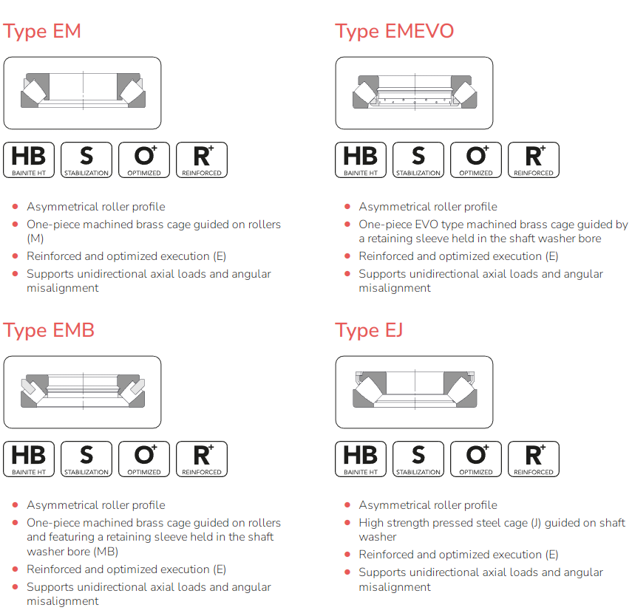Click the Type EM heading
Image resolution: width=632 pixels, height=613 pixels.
coord(42,31)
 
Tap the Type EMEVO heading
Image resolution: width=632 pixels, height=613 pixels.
coord(394,31)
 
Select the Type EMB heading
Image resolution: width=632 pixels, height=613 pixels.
coord(48,330)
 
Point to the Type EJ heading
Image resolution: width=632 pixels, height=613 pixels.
coord(368,330)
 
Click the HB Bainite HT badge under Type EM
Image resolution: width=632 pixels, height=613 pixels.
coord(29,160)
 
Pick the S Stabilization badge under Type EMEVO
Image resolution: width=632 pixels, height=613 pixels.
coord(418,160)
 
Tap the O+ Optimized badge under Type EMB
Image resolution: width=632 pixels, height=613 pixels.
coord(144,459)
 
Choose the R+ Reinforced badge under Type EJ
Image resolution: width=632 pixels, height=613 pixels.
coord(534,459)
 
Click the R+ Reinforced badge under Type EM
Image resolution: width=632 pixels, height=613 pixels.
coord(202,160)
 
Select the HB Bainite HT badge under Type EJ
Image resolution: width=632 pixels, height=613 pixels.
coord(361,459)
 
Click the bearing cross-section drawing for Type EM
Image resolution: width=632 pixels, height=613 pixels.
coord(83,91)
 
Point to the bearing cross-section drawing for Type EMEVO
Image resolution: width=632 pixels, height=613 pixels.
coord(415,92)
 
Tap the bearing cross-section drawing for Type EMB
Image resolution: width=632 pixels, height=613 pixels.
coord(83,391)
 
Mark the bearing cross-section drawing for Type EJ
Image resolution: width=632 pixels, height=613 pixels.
coord(415,390)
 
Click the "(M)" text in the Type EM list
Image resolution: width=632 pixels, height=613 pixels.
coord(35,239)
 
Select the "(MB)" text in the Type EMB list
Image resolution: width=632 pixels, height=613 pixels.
coord(106,552)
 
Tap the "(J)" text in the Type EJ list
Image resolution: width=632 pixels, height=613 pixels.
coord(536,523)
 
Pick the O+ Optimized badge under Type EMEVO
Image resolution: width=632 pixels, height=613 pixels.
coord(476,160)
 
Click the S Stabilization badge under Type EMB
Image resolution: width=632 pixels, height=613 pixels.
coord(86,459)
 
